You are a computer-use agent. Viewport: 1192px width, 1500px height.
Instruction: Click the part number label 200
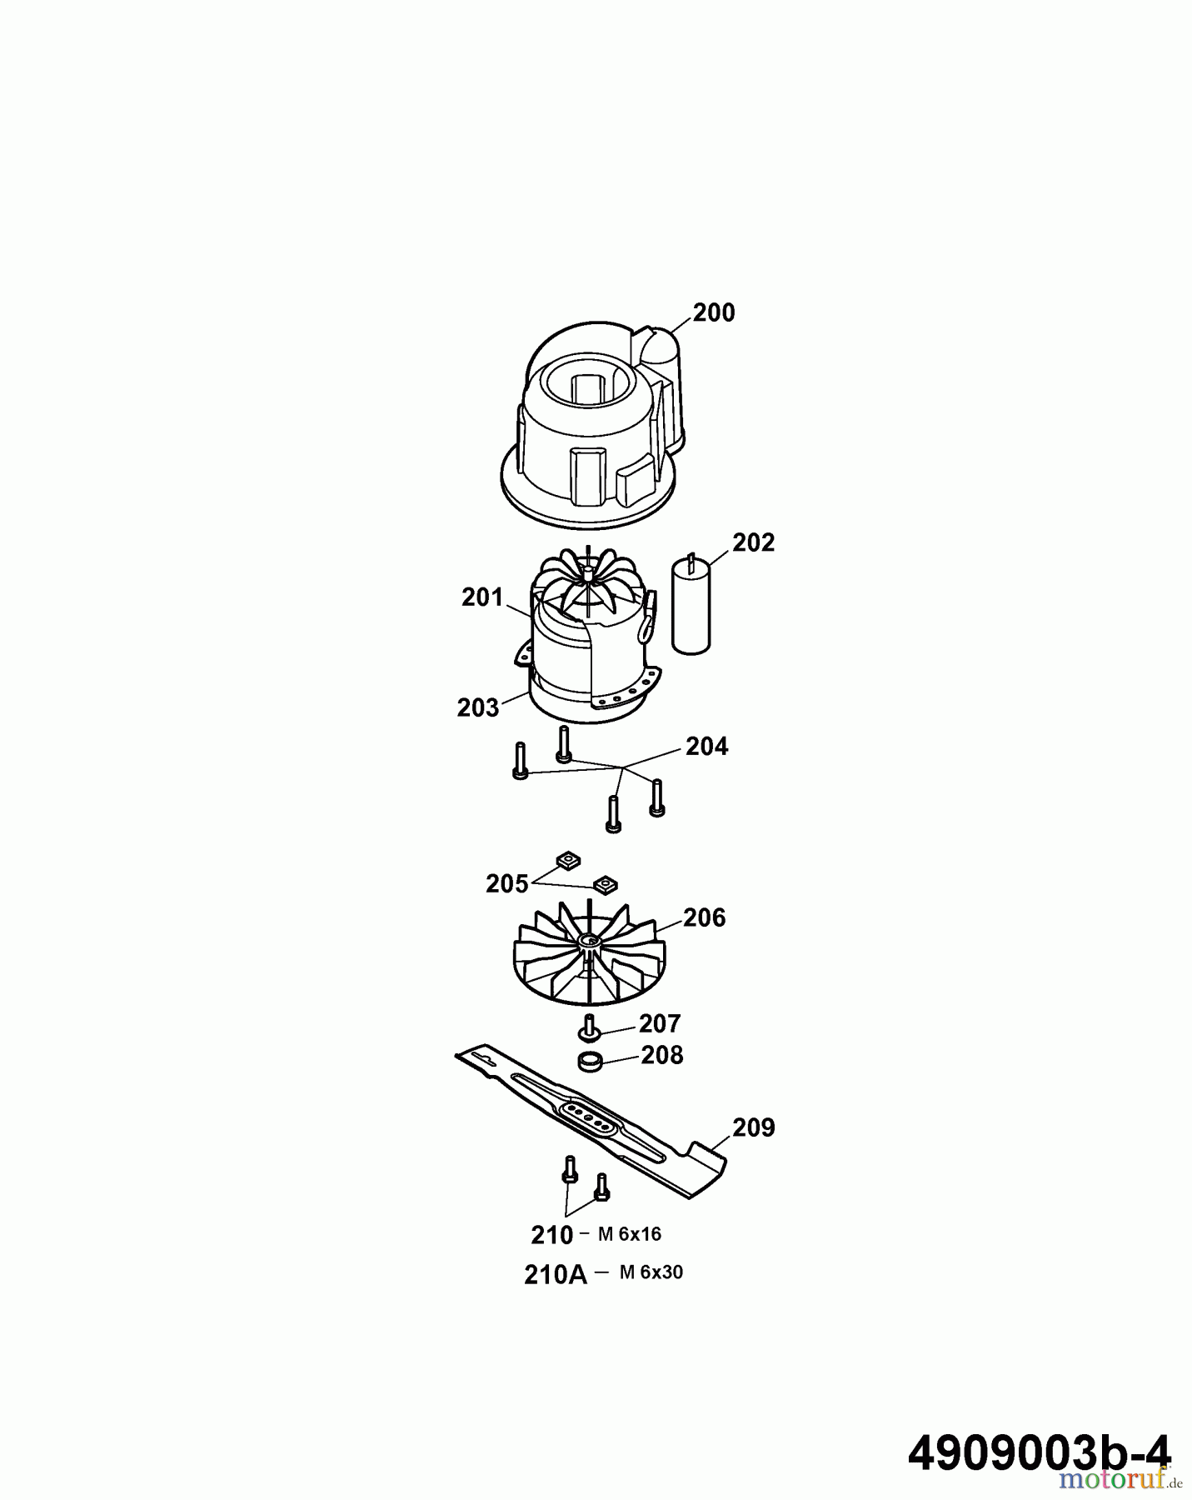(714, 313)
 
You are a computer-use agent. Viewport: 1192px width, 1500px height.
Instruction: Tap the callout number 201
(483, 597)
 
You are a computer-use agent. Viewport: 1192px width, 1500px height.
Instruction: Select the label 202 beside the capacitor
(753, 542)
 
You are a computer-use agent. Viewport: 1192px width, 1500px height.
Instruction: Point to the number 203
(478, 707)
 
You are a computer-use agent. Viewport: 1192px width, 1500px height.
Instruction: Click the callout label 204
(707, 746)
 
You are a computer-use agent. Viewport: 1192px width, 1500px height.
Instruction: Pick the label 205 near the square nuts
(507, 884)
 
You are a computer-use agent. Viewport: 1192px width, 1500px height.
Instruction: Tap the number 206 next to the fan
(705, 918)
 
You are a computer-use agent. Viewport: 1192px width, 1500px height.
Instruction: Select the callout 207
(660, 1023)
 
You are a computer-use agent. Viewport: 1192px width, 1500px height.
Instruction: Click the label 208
(662, 1056)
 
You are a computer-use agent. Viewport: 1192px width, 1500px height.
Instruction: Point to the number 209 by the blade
(753, 1127)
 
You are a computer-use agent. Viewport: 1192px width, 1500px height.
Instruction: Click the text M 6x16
(630, 1234)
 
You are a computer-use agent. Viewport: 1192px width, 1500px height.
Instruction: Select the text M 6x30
(651, 1272)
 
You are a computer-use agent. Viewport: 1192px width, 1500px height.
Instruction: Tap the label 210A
(556, 1275)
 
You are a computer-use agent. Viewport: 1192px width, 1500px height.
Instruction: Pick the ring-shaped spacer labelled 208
(590, 1062)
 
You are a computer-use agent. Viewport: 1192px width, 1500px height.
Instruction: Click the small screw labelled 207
(590, 1027)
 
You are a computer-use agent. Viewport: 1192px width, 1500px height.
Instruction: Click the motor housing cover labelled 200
(595, 425)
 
